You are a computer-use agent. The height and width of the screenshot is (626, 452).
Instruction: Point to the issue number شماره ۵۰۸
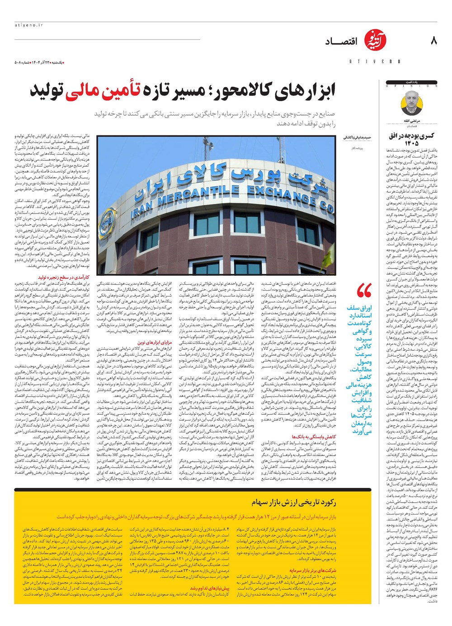pyautogui.click(x=23, y=62)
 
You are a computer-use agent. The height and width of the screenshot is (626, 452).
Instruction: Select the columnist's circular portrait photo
pyautogui.click(x=411, y=102)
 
